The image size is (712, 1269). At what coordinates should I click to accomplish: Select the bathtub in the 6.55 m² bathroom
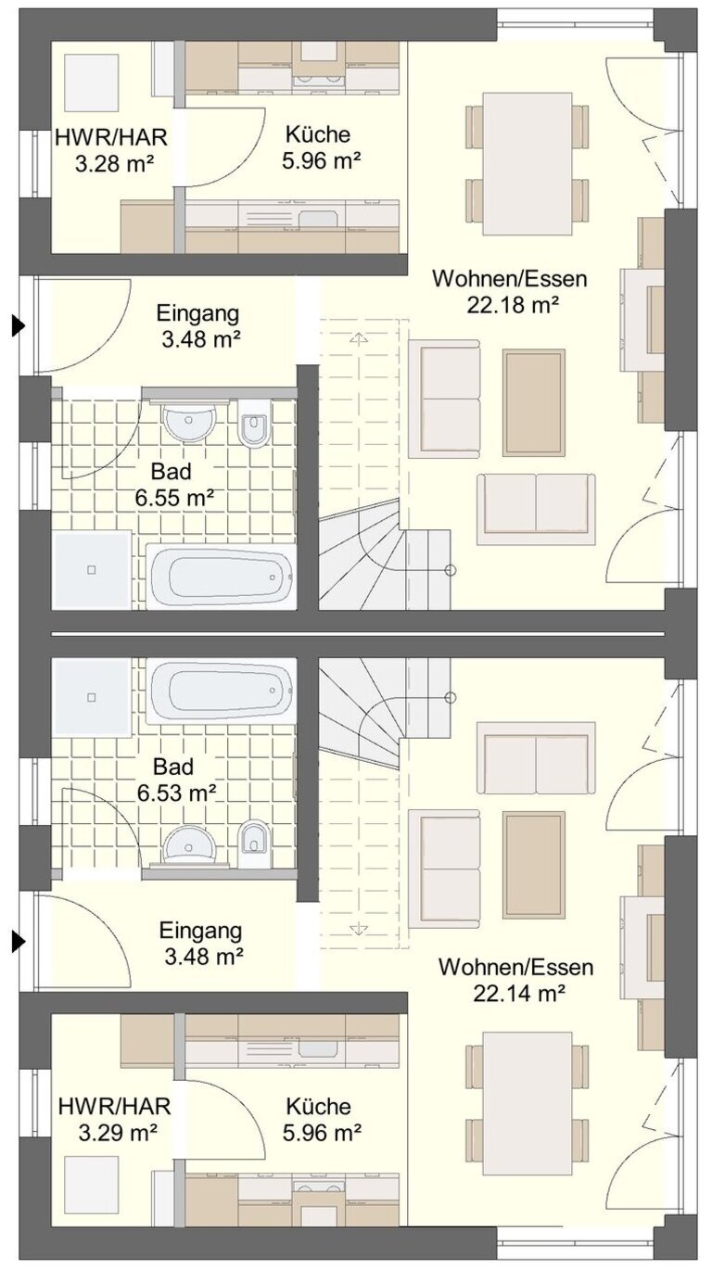221,577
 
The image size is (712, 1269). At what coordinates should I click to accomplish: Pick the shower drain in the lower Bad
91,696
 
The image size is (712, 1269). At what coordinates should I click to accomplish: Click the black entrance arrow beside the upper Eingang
19,326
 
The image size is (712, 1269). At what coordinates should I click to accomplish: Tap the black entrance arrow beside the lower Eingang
19,942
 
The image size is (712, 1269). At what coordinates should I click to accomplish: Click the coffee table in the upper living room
534,402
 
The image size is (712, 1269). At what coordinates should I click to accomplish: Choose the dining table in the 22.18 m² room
527,164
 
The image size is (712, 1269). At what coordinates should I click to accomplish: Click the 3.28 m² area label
115,164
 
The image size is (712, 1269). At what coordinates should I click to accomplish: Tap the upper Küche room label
318,134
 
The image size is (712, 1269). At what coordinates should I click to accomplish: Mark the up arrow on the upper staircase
359,338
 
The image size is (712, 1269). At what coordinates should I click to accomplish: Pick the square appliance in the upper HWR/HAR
91,83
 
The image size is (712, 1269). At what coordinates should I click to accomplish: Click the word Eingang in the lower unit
200,931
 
